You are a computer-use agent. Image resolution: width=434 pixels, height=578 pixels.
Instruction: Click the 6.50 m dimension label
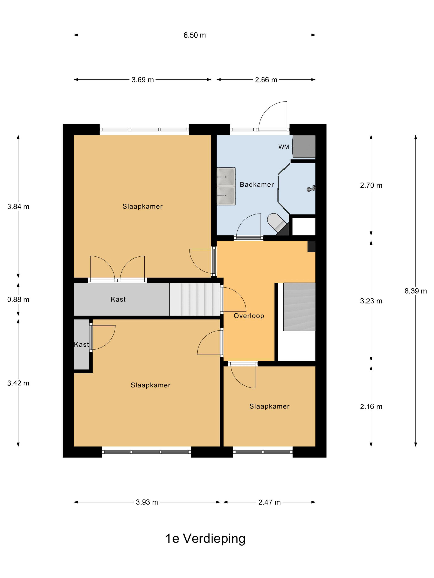point(194,35)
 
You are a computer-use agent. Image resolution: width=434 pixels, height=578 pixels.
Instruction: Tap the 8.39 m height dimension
point(415,291)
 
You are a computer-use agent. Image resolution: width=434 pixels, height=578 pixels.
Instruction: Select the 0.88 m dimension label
point(18,300)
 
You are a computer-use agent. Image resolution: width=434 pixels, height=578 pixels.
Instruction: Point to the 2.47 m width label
point(269,502)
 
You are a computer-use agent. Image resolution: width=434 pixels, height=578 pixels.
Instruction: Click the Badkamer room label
point(257,185)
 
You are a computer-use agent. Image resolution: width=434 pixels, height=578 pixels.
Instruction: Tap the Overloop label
point(249,316)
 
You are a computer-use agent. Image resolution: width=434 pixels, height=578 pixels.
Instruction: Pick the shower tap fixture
point(311,188)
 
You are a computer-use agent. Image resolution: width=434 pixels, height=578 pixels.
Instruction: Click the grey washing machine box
point(304,146)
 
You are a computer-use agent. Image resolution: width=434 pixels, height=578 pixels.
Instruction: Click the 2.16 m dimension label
point(371,407)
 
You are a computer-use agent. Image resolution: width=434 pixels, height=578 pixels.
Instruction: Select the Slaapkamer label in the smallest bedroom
point(269,406)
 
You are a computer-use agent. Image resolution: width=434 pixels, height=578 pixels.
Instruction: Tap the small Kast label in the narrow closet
point(81,344)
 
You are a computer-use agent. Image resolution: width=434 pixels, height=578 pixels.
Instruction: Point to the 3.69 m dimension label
point(143,80)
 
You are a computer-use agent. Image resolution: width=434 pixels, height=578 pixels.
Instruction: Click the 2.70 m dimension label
point(371,186)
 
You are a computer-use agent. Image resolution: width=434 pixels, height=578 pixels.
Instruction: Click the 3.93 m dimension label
point(147,502)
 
